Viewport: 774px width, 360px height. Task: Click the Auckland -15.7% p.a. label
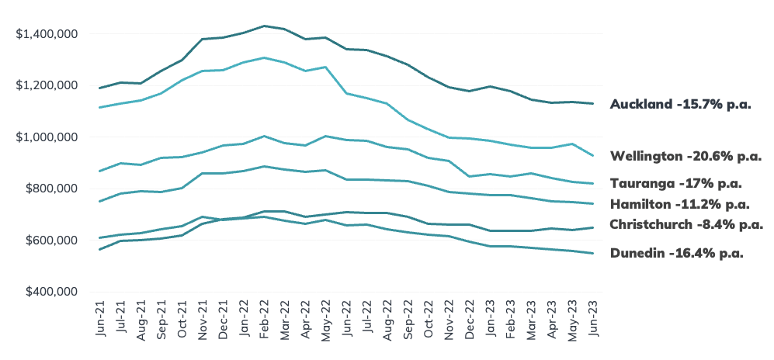pyautogui.click(x=681, y=105)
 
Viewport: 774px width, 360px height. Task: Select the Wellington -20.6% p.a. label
pyautogui.click(x=686, y=157)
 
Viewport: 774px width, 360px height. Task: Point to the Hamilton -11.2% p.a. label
pyautogui.click(x=680, y=204)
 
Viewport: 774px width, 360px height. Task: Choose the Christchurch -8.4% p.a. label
pyautogui.click(x=686, y=225)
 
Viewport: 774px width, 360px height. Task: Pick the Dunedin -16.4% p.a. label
pyautogui.click(x=677, y=254)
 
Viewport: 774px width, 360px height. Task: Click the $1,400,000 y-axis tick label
pyautogui.click(x=47, y=34)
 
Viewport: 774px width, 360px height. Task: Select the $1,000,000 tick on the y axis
pyautogui.click(x=47, y=137)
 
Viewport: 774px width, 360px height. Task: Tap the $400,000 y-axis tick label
pyautogui.click(x=51, y=292)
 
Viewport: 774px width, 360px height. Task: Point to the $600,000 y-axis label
pyautogui.click(x=51, y=241)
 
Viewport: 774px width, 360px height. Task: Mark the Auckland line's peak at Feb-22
pyautogui.click(x=265, y=26)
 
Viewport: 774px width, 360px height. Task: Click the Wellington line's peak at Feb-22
pyautogui.click(x=265, y=57)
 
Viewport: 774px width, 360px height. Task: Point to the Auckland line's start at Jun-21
pyautogui.click(x=99, y=88)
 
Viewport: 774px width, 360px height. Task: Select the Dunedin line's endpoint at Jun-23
pyautogui.click(x=593, y=254)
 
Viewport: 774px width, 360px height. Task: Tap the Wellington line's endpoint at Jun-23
pyautogui.click(x=593, y=156)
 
